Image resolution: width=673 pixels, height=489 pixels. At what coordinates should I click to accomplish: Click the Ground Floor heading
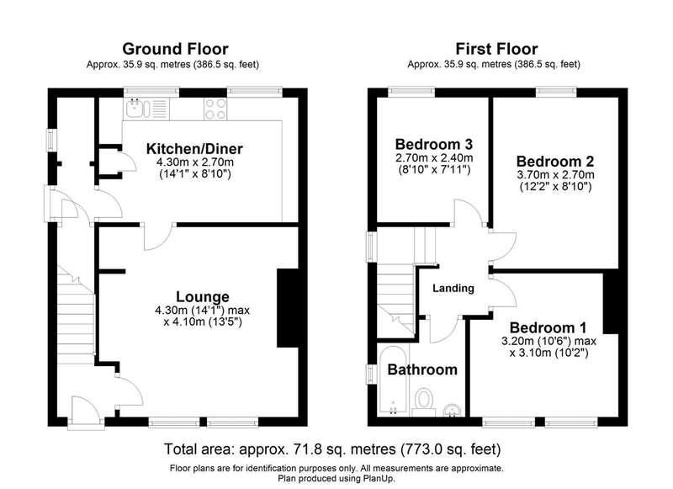tap(175, 49)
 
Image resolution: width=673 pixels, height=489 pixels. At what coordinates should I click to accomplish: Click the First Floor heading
tap(496, 49)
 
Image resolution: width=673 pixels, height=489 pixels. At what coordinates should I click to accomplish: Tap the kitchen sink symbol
tap(137, 109)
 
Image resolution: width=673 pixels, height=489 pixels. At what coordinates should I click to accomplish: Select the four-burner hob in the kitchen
tap(215, 109)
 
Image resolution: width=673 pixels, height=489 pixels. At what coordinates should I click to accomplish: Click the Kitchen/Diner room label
tap(194, 148)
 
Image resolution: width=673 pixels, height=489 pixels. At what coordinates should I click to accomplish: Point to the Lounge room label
tap(203, 296)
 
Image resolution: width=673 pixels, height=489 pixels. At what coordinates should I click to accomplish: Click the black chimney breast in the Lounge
tap(288, 308)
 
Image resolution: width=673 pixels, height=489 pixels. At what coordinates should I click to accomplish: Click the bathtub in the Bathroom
tap(393, 380)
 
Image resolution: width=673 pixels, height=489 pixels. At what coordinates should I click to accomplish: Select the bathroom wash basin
tap(452, 410)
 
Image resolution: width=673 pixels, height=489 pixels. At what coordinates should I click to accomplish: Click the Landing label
tap(453, 288)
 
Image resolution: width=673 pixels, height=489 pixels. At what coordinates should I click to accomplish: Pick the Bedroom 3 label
tap(434, 144)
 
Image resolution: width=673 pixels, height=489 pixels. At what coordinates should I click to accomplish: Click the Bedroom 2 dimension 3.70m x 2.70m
tap(555, 175)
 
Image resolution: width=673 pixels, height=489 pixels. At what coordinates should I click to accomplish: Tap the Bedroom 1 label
tap(548, 327)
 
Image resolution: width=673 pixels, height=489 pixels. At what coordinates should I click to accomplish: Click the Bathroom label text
tap(422, 369)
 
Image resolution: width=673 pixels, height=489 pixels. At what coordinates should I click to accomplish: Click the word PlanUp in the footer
tap(379, 478)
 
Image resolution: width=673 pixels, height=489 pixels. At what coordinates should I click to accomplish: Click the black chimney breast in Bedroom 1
tap(611, 302)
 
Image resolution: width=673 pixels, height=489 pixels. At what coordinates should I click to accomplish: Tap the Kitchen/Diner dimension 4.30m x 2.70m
tap(195, 162)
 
